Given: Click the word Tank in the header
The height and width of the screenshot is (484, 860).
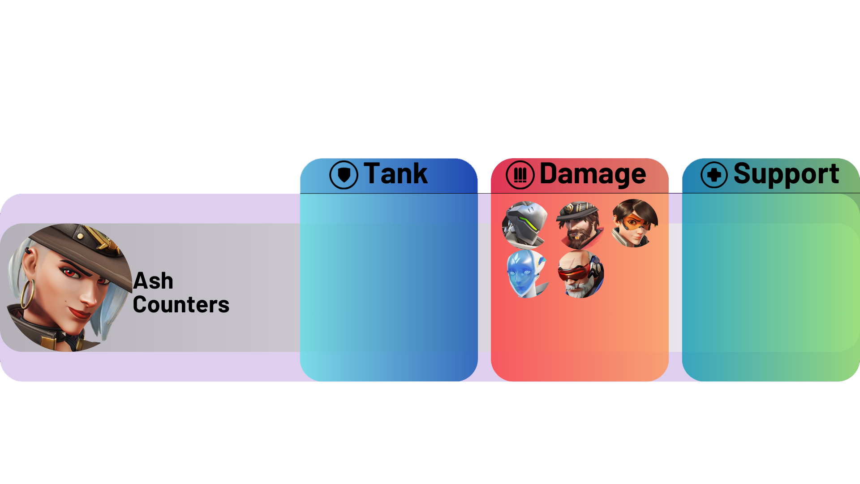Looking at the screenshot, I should (396, 174).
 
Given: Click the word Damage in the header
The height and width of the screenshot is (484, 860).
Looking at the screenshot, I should (592, 174).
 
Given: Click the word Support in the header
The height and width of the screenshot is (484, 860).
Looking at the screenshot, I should (786, 174).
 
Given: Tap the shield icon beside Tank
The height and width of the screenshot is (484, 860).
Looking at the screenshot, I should (344, 175).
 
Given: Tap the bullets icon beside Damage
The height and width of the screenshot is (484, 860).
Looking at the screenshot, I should (520, 175).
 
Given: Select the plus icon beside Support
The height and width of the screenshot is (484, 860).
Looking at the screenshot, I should (714, 175).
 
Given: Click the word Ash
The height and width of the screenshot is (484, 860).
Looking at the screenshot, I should (153, 281).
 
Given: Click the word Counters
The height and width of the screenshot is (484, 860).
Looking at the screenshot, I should (181, 305).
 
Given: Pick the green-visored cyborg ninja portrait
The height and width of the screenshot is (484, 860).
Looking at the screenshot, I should (525, 225).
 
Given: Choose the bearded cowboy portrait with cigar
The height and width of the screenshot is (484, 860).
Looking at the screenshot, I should (580, 225).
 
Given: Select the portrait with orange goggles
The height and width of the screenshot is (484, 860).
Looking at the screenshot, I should (635, 223).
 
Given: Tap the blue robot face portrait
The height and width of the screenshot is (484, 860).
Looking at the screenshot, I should (527, 274).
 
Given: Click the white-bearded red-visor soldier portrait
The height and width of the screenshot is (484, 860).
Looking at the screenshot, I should (581, 274).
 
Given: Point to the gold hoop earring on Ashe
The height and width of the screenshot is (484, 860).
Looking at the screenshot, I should (27, 294).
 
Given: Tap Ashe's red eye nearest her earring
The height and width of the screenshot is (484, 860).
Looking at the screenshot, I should (69, 272).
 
